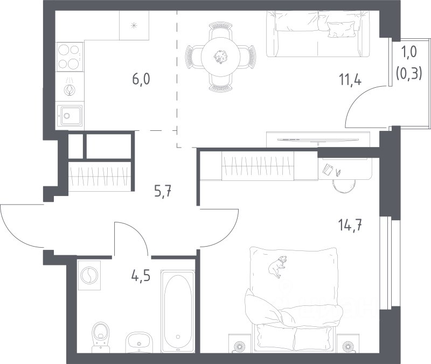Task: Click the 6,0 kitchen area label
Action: (141, 80)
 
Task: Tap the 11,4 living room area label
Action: (350, 80)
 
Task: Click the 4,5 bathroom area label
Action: (141, 276)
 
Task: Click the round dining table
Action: (221, 57)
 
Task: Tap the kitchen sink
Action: (70, 116)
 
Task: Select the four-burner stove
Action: (69, 57)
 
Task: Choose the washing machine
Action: (89, 275)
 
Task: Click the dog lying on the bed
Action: (277, 266)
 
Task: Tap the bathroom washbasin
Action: (139, 342)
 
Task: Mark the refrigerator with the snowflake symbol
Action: (134, 25)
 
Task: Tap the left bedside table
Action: (240, 343)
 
